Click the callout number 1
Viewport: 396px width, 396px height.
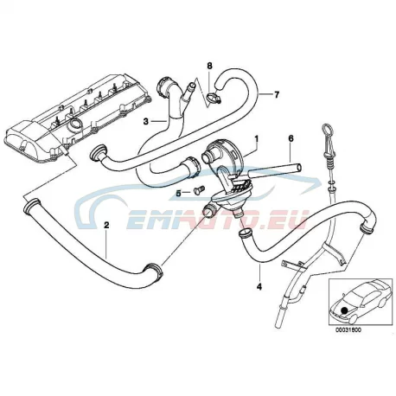point(256,139)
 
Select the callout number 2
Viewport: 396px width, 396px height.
point(106,225)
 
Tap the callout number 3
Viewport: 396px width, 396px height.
point(146,122)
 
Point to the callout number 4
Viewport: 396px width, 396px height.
point(259,287)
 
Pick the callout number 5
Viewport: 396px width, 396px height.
point(179,194)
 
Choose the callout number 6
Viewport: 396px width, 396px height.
point(291,138)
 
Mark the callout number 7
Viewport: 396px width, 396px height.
point(277,94)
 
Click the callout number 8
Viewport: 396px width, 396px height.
point(209,66)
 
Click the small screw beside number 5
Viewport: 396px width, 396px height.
point(199,189)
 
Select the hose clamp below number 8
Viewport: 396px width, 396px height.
point(214,97)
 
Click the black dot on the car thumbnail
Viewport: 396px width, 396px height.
point(343,310)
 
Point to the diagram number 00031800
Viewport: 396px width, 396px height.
point(348,330)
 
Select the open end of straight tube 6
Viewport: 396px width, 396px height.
point(300,168)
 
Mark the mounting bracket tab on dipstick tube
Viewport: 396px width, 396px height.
point(292,264)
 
